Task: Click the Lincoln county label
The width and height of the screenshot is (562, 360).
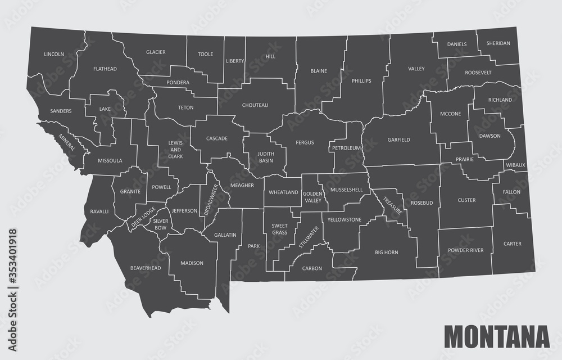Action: pyautogui.click(x=54, y=55)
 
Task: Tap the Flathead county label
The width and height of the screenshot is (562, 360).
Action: pyautogui.click(x=105, y=69)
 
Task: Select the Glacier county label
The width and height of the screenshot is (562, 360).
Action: pyautogui.click(x=156, y=52)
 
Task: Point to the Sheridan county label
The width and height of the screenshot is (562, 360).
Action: pyautogui.click(x=498, y=43)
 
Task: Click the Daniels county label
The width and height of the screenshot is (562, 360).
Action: pyautogui.click(x=457, y=44)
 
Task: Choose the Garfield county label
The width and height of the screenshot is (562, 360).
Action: pyautogui.click(x=398, y=139)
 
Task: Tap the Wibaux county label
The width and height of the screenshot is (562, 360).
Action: pyautogui.click(x=515, y=165)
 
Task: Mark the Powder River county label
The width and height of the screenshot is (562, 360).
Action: pyautogui.click(x=465, y=250)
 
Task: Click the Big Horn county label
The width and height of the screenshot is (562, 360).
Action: pyautogui.click(x=387, y=253)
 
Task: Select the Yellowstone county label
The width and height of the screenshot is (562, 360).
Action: pyautogui.click(x=344, y=219)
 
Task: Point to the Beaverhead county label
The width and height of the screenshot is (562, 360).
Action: pyautogui.click(x=145, y=268)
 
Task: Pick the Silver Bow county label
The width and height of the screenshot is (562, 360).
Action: pyautogui.click(x=161, y=225)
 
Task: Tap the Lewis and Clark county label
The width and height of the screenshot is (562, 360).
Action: pyautogui.click(x=175, y=150)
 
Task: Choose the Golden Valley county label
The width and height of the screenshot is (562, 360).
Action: pyautogui.click(x=312, y=196)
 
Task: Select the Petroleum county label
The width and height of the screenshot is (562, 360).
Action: pyautogui.click(x=346, y=148)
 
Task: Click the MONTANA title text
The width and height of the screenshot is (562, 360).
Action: pyautogui.click(x=496, y=336)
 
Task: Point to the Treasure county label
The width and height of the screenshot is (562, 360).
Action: pyautogui.click(x=392, y=205)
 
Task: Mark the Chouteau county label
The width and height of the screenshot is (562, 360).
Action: pyautogui.click(x=255, y=105)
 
